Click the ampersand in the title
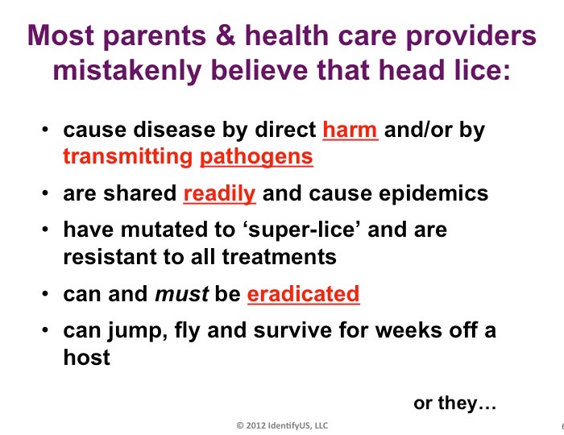point(225,35)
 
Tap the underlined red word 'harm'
point(350,130)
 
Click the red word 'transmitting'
point(127,156)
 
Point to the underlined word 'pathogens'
point(256,157)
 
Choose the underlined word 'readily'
point(219,194)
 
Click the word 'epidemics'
point(434,194)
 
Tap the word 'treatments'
point(279,257)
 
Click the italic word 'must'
point(181,294)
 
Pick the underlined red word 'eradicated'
point(303,294)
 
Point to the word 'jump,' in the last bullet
point(138,331)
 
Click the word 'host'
point(86,357)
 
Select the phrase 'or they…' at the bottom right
point(454,404)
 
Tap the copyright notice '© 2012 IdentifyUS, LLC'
point(282,425)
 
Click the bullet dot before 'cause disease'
point(44,130)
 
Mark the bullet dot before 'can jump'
point(44,329)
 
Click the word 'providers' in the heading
point(471,35)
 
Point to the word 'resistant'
point(110,257)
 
